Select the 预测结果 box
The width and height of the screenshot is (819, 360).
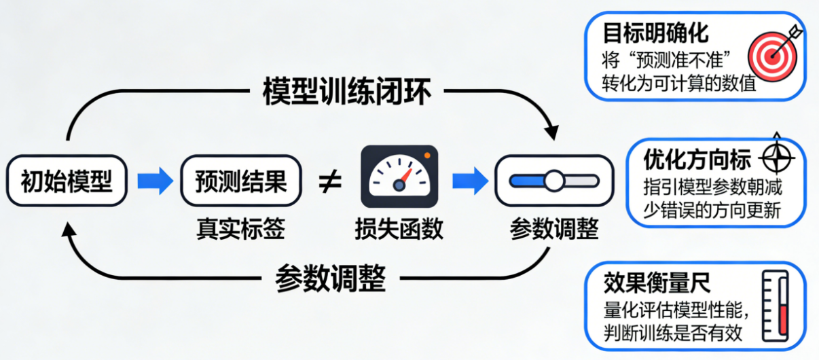pos(240,181)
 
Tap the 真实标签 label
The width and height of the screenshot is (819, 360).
pos(240,229)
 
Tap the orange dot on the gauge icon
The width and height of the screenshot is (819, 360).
pos(427,156)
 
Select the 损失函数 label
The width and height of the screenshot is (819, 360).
pos(399,229)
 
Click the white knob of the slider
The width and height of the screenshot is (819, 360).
pos(555,181)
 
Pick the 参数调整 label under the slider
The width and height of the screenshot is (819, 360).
pos(554,229)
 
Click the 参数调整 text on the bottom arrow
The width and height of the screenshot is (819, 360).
pos(331,277)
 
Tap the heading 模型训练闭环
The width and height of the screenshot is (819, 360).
pos(346,93)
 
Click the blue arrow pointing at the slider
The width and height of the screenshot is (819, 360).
pos(471,181)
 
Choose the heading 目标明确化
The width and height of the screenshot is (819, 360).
pos(655,33)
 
